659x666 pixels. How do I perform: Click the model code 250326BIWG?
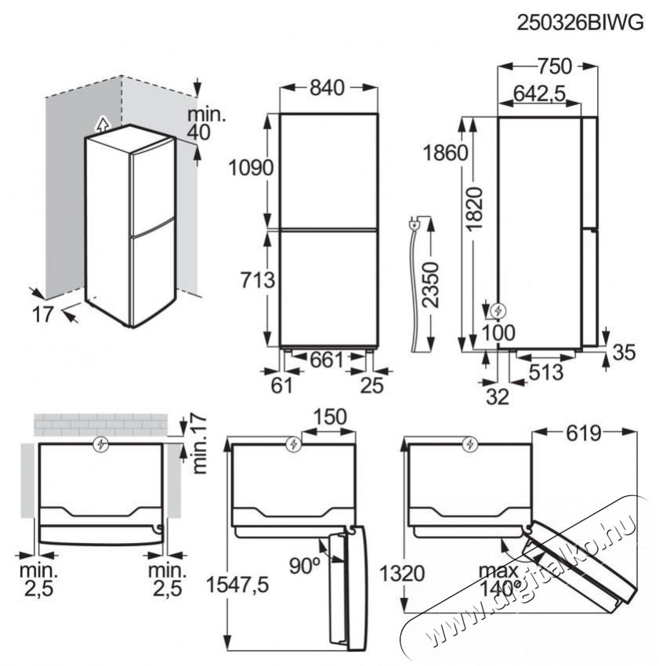pyautogui.click(x=580, y=23)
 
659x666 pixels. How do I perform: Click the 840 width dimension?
pyautogui.click(x=327, y=88)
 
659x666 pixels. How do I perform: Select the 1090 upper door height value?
pyautogui.click(x=251, y=168)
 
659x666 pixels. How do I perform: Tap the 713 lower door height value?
pyautogui.click(x=258, y=281)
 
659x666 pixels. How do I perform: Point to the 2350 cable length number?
pyautogui.click(x=430, y=284)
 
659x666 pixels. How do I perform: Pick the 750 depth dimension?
pyautogui.click(x=555, y=66)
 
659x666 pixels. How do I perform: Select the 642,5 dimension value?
pyautogui.click(x=540, y=93)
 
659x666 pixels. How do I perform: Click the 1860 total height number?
pyautogui.click(x=446, y=153)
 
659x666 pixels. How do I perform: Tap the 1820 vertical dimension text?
pyautogui.click(x=475, y=208)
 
